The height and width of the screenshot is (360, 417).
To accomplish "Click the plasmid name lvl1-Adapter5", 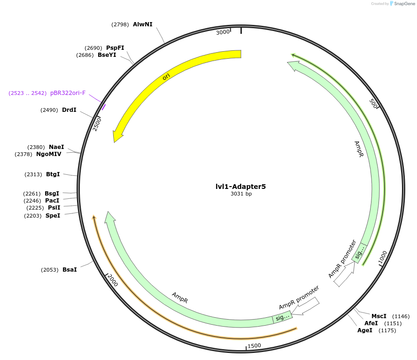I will click(240, 187).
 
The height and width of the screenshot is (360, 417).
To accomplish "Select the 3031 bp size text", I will click(241, 194).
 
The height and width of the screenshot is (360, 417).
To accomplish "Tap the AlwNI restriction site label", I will click(143, 24).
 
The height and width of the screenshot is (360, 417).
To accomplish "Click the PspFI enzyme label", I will click(115, 48).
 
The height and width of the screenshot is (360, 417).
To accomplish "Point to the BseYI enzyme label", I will click(107, 55).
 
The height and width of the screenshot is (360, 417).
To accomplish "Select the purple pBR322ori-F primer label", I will click(68, 93).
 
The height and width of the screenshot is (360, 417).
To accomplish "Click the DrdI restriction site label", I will click(69, 110).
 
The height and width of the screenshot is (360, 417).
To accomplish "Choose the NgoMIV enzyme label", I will click(49, 154).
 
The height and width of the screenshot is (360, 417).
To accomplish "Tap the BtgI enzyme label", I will click(53, 174).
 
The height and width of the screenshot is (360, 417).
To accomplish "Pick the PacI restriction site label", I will click(52, 201).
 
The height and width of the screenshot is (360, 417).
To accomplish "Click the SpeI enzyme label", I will click(53, 216).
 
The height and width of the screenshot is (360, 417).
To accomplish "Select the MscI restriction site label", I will click(379, 316).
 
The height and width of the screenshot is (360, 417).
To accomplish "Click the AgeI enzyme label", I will click(365, 330).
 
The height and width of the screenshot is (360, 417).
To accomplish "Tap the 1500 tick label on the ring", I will click(254, 346).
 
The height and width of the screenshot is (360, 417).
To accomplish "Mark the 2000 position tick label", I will click(113, 281).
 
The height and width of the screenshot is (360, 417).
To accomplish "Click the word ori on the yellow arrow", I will click(166, 76).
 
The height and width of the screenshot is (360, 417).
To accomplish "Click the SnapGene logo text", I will click(403, 4).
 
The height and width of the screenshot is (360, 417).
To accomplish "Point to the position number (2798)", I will click(120, 24).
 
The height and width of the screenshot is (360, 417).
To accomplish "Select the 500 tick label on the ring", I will click(374, 103).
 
